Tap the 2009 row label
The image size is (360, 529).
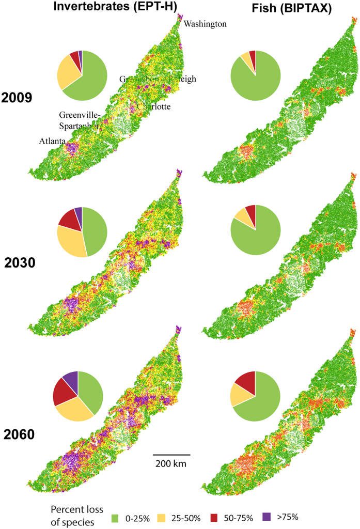coord(17,97)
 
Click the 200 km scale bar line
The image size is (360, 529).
coord(171,455)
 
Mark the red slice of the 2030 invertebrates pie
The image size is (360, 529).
coord(68,220)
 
